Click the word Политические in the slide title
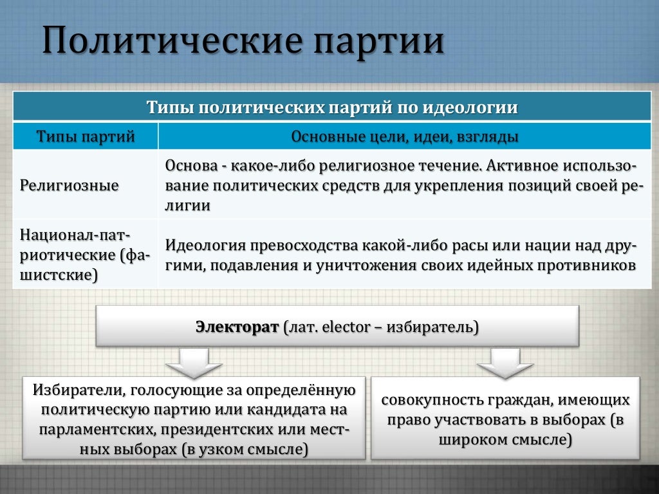point(172,41)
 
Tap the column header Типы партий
point(86,136)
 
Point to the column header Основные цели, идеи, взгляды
point(405,136)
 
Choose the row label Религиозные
point(70,186)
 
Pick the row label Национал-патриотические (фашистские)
point(85,253)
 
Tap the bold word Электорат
point(237,327)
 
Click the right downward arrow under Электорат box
point(505,363)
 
